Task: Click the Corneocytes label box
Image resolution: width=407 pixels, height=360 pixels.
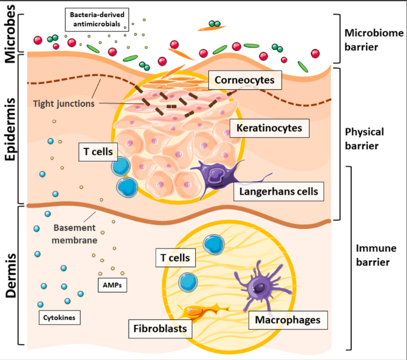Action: (x=245, y=80)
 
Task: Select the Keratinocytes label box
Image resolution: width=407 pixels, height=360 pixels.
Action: (x=269, y=128)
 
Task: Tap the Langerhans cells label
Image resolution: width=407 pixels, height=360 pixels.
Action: (x=278, y=191)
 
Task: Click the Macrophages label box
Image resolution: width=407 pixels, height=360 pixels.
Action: (x=287, y=320)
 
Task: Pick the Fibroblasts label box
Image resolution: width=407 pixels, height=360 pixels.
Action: (x=160, y=328)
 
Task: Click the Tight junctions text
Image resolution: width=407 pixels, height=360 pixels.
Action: (x=64, y=104)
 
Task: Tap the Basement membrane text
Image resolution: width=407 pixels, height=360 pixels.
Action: (x=75, y=234)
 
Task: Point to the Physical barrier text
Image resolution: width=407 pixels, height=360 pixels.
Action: (x=364, y=139)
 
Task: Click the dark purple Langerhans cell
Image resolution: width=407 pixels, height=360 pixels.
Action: (x=214, y=176)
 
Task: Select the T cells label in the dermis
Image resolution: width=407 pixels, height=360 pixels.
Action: (x=175, y=257)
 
